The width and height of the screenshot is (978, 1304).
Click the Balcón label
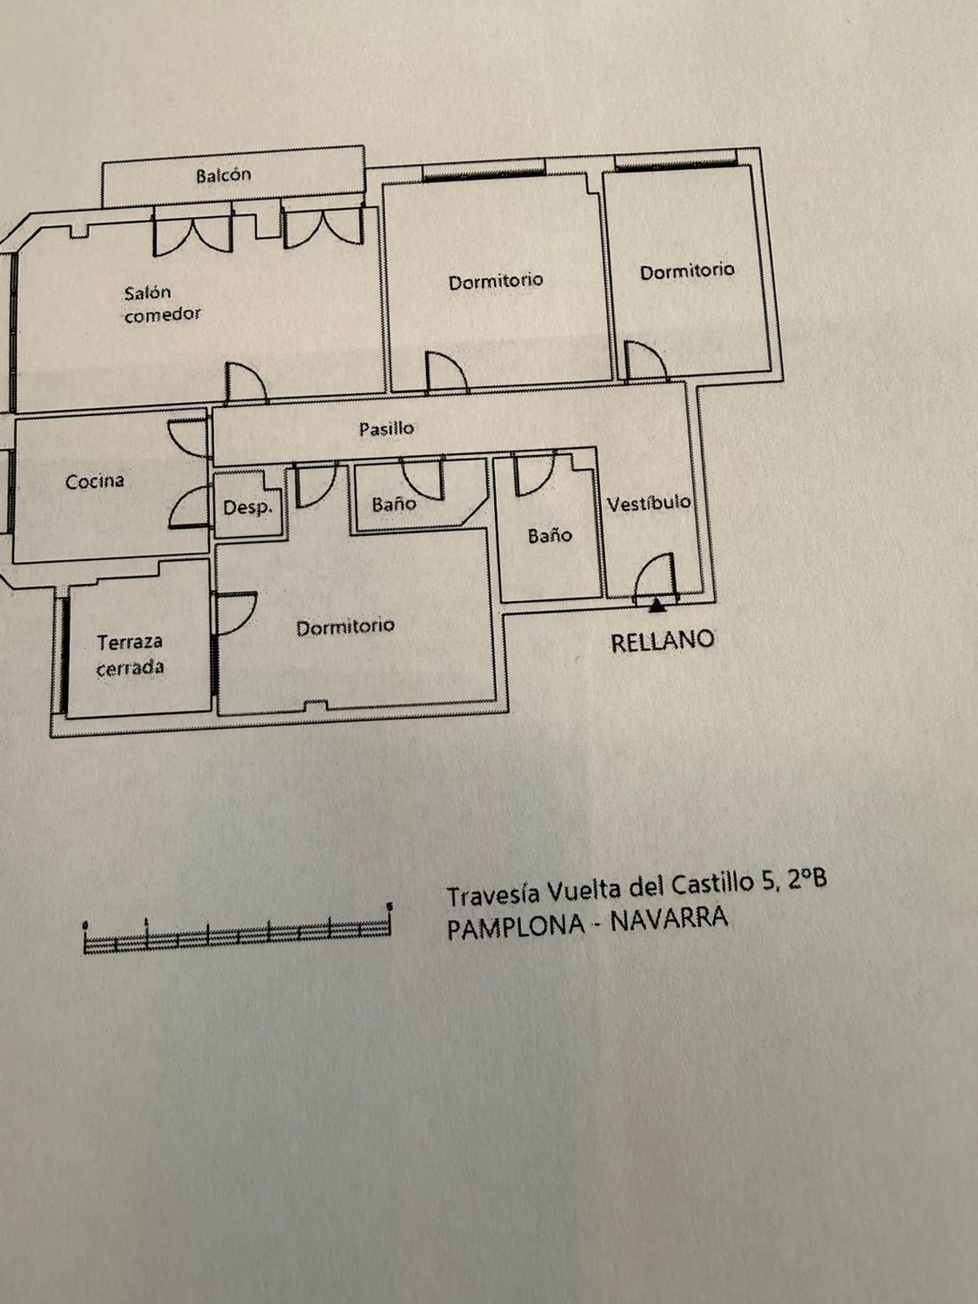[224, 175]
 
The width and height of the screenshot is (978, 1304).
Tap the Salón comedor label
[162, 304]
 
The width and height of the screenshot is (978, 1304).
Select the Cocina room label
[95, 482]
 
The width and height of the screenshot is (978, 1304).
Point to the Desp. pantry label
[247, 507]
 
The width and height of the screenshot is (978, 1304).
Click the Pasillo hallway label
[387, 428]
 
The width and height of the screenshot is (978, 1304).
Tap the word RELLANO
[662, 642]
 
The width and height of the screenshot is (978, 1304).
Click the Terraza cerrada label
[130, 655]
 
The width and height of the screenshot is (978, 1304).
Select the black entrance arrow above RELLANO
[657, 606]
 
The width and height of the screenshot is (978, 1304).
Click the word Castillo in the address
[713, 885]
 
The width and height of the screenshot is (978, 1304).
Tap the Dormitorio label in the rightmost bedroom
[687, 271]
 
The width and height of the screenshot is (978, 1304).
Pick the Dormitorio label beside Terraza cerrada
[345, 627]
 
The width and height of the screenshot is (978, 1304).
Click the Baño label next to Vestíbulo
[550, 535]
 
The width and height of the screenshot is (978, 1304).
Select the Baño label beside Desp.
[394, 503]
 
